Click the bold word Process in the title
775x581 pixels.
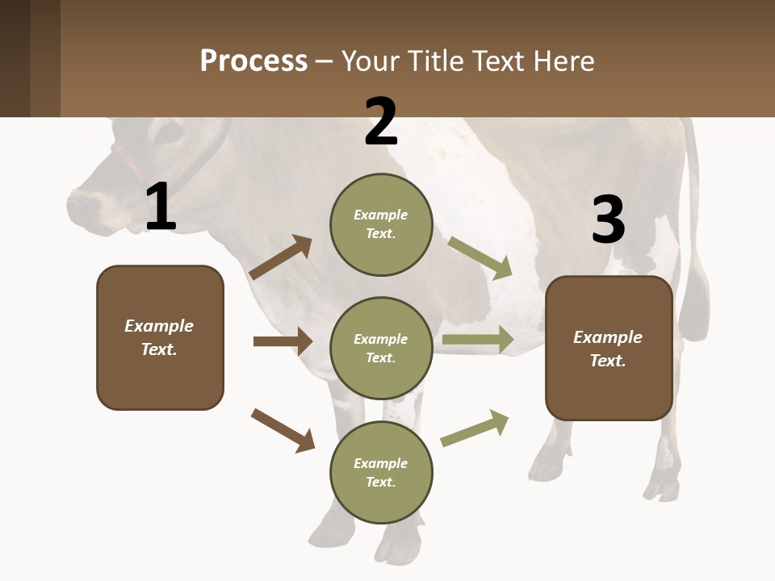[x=253, y=61]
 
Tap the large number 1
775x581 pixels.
[x=161, y=207]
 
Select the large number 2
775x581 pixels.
[x=381, y=122]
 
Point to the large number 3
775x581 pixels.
[x=608, y=219]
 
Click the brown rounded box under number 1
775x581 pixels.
[x=160, y=337]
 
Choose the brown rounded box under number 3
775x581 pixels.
[x=609, y=348]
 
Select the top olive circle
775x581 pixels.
[x=381, y=224]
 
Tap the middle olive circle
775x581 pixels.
[x=381, y=348]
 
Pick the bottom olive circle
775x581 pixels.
[x=381, y=472]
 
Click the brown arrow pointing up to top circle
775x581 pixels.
[x=281, y=257]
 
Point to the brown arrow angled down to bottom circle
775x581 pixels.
[x=283, y=430]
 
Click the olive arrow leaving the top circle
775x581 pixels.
[x=480, y=257]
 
